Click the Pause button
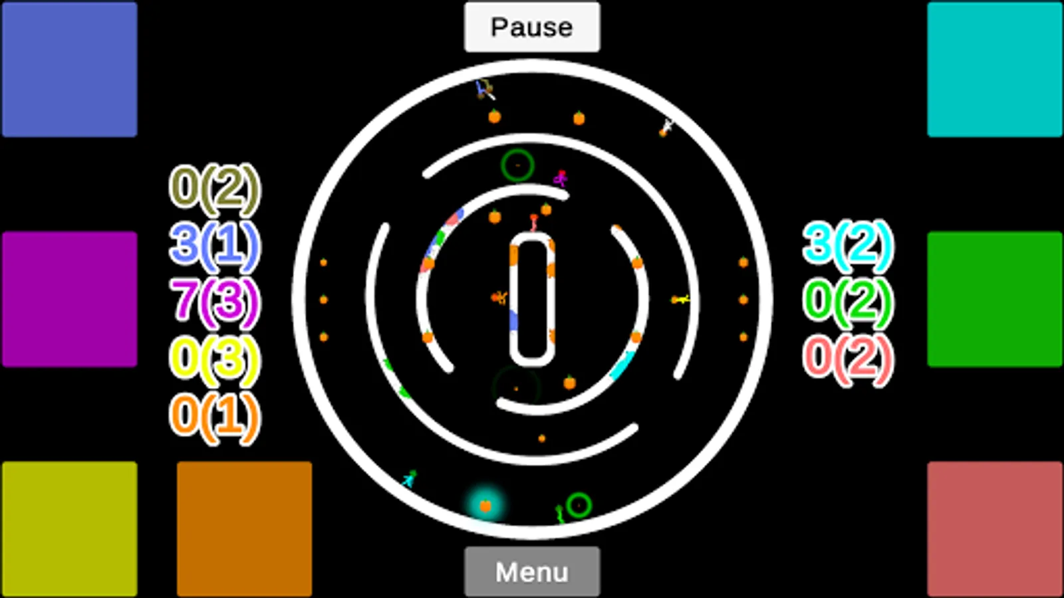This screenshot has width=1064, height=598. [531, 27]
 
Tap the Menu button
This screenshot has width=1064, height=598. [531, 571]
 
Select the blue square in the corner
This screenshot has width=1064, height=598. [69, 69]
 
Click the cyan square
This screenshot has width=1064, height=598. [995, 69]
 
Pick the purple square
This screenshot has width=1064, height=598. [69, 299]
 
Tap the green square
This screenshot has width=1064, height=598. [995, 299]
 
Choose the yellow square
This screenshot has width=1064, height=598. [69, 529]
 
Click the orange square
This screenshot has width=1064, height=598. [244, 529]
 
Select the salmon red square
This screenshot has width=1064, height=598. [995, 529]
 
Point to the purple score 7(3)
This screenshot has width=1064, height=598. [215, 302]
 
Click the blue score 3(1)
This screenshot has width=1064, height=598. [215, 245]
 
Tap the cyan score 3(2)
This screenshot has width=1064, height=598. [848, 243]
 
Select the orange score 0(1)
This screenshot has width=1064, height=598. [215, 417]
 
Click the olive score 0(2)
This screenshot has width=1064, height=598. [215, 188]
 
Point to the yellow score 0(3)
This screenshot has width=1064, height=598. [215, 359]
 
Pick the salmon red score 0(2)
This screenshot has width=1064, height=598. [848, 359]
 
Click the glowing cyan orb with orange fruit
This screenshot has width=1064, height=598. [485, 506]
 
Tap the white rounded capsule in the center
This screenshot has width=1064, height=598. [532, 299]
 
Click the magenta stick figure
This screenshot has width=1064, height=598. [561, 178]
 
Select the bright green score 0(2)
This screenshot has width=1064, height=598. [848, 302]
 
